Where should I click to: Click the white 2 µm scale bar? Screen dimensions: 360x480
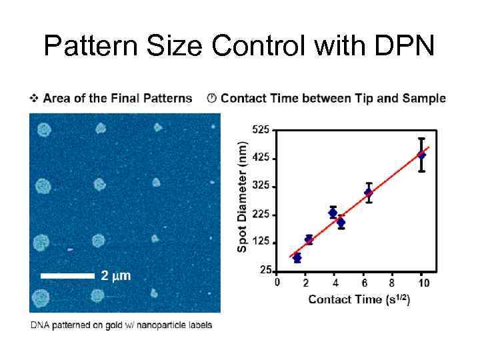click(x=67, y=275)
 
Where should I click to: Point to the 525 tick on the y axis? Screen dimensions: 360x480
click(x=261, y=129)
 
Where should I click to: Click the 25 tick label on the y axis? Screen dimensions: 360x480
click(x=264, y=270)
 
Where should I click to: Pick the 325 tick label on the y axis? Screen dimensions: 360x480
click(x=261, y=186)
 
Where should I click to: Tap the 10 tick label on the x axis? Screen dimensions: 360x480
click(x=423, y=283)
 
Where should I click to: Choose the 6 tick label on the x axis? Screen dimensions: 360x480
click(x=363, y=283)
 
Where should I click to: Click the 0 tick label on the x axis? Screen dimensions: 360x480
click(x=277, y=283)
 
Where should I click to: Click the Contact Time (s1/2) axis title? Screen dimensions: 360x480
click(x=359, y=299)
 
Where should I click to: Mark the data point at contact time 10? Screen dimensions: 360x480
click(x=421, y=155)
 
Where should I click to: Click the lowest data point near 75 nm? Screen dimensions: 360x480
click(x=297, y=257)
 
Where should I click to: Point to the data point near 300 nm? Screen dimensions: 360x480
click(x=369, y=192)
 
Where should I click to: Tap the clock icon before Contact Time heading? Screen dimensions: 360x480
click(x=211, y=99)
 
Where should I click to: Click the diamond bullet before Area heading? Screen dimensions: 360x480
click(x=34, y=99)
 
